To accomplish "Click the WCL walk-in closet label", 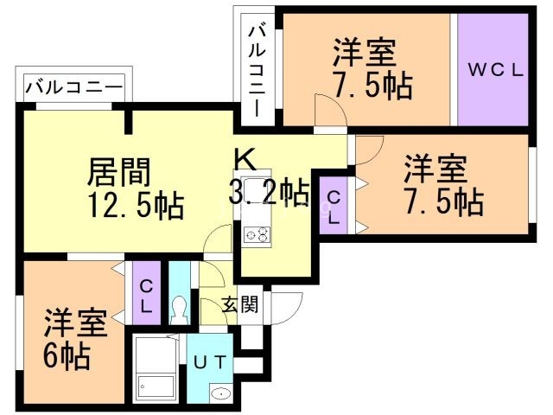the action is pyautogui.click(x=495, y=71).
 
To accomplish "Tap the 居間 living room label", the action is pyautogui.click(x=119, y=172).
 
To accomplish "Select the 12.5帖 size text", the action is pyautogui.click(x=136, y=205).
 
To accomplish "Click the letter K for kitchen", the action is pyautogui.click(x=245, y=159).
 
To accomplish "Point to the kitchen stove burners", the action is pyautogui.click(x=257, y=234).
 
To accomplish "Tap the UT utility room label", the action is pyautogui.click(x=210, y=362).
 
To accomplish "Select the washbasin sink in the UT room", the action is pyautogui.click(x=221, y=393).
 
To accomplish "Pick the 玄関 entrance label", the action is pyautogui.click(x=240, y=303).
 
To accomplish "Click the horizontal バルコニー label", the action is pyautogui.click(x=74, y=86).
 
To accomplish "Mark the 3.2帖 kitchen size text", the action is pyautogui.click(x=269, y=192).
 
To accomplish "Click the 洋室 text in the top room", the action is pyautogui.click(x=365, y=53).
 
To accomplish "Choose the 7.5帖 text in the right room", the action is pyautogui.click(x=444, y=201).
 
